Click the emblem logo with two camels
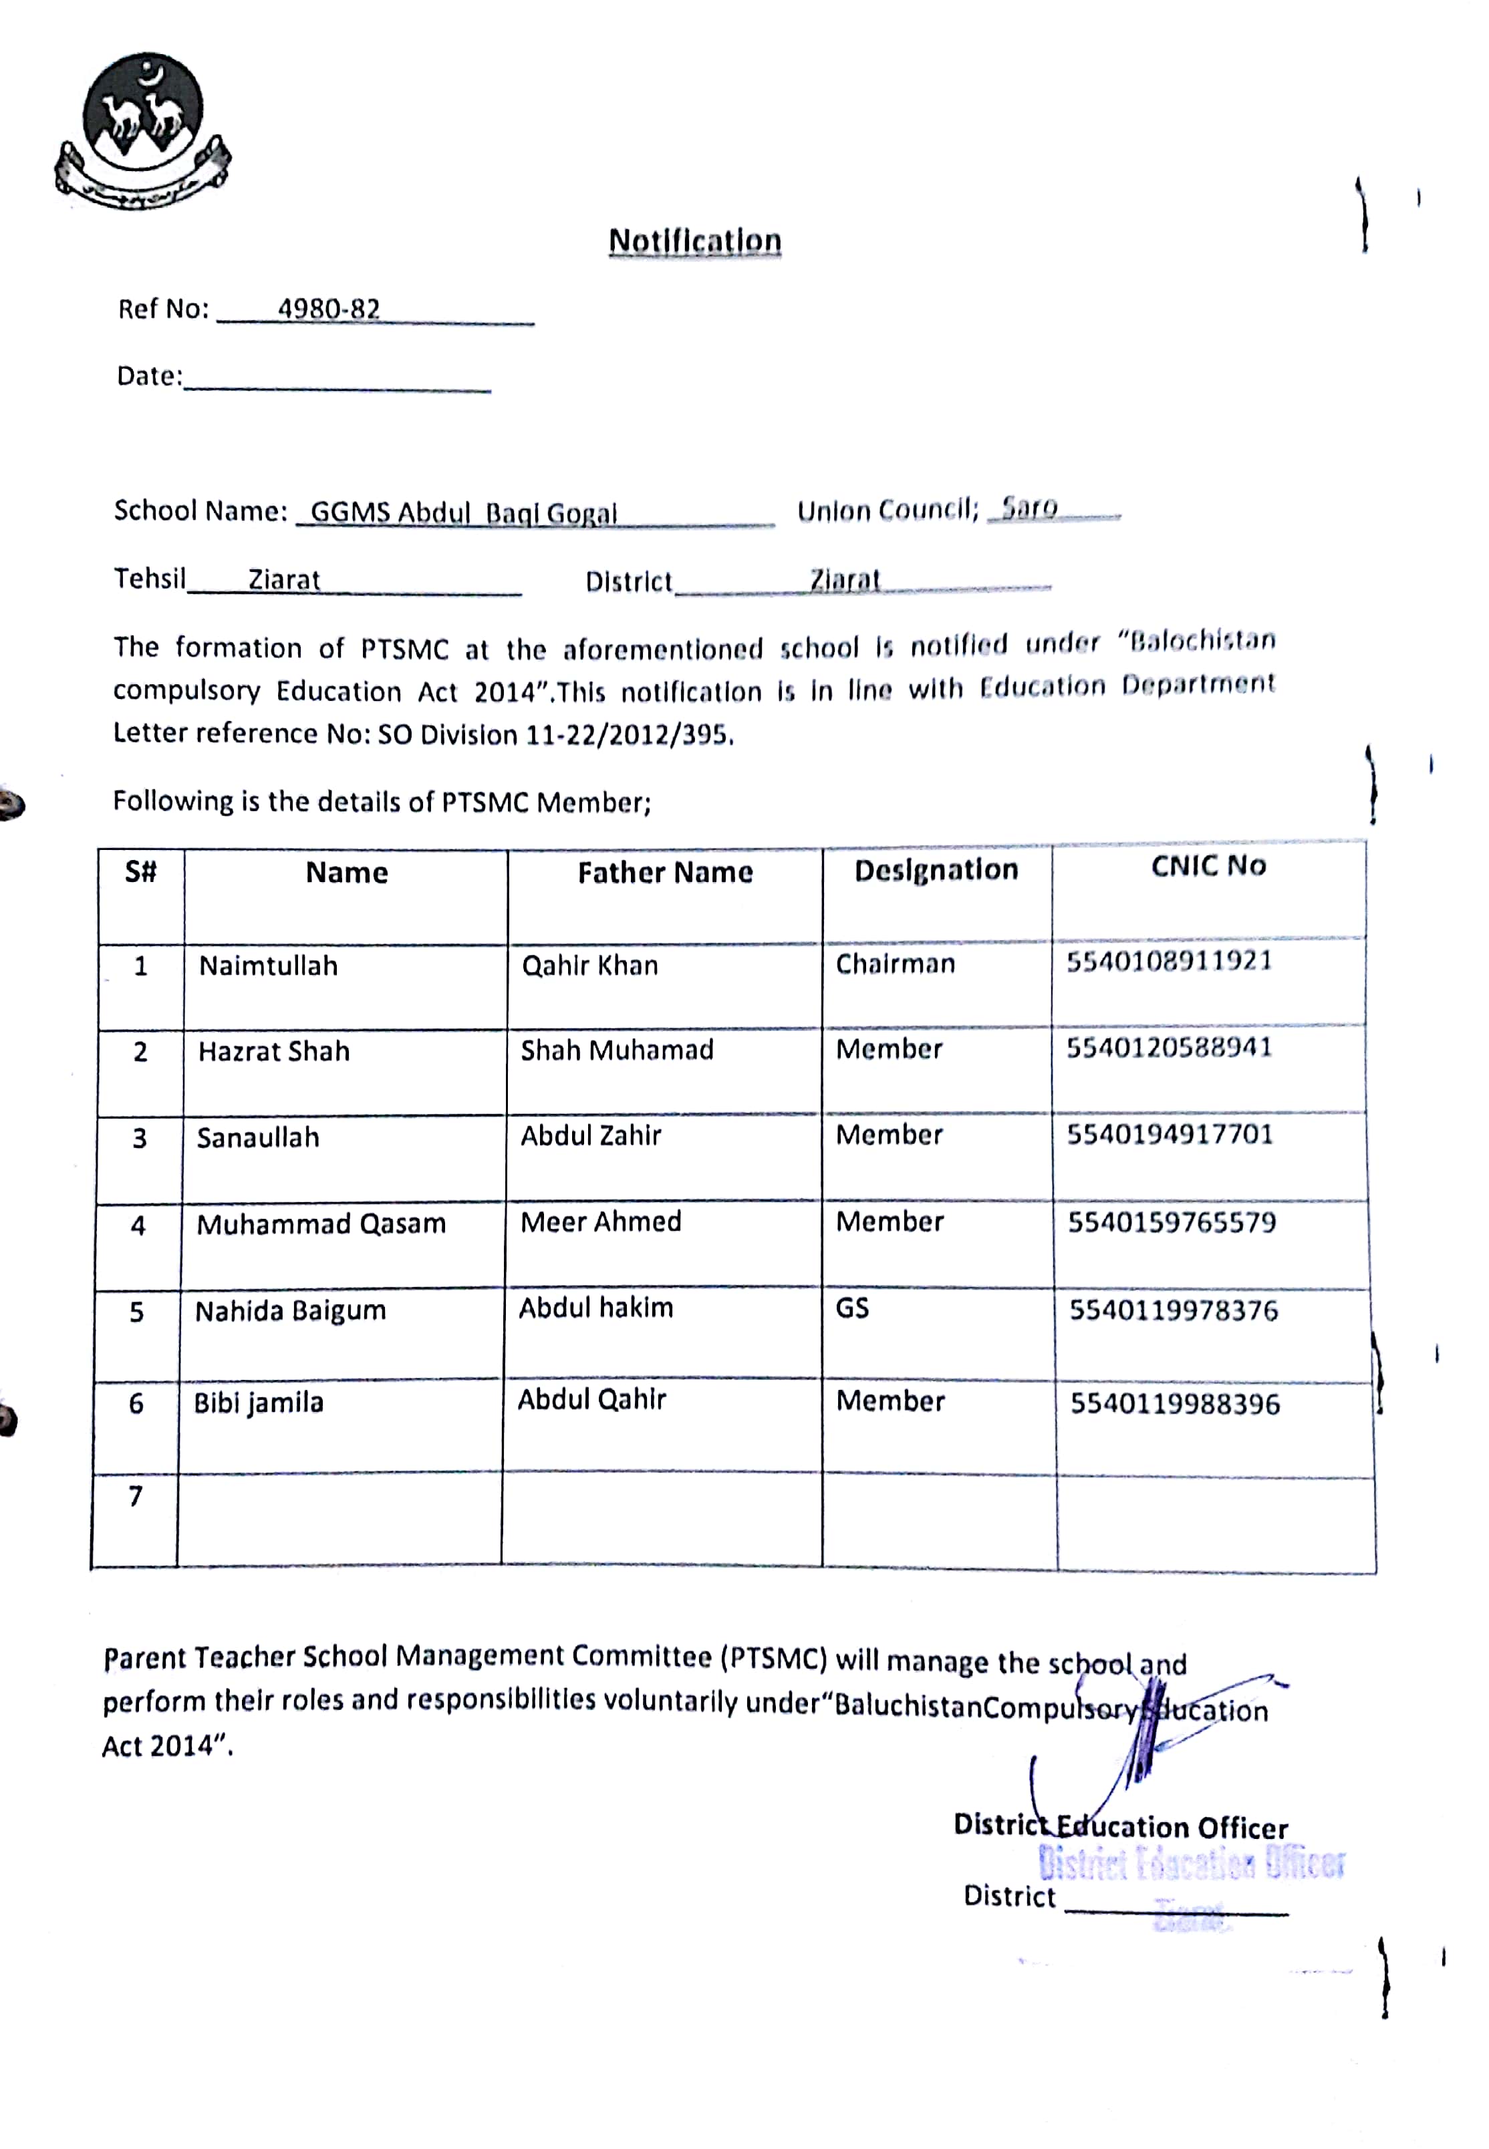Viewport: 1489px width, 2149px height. point(143,129)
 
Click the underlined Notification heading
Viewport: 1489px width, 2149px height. point(694,241)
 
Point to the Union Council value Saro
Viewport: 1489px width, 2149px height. point(1029,509)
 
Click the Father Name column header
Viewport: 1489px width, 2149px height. point(664,872)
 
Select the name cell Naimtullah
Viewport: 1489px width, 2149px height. point(268,966)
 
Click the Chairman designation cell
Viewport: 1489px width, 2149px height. point(895,964)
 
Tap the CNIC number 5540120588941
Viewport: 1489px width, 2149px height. point(1169,1048)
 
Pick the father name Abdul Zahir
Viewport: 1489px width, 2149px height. point(591,1135)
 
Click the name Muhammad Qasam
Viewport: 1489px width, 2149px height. point(321,1224)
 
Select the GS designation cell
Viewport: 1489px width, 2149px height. point(852,1308)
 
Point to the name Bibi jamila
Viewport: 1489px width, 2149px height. point(259,1403)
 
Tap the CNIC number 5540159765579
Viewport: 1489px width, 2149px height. point(1172,1222)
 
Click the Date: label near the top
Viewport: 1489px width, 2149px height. point(149,376)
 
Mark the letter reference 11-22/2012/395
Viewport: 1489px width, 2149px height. point(626,735)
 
